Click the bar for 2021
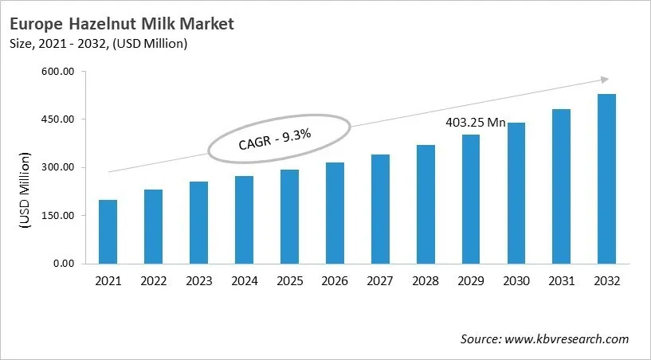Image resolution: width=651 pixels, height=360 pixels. click(108, 232)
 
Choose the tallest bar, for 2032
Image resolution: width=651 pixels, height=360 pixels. click(607, 179)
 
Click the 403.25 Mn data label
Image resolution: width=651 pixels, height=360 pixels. click(475, 123)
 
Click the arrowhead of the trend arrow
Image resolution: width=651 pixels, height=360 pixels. click(604, 79)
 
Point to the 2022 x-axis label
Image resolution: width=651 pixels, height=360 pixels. click(153, 281)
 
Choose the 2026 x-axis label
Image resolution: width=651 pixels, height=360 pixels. click(335, 281)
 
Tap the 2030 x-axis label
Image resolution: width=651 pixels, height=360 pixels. click(516, 281)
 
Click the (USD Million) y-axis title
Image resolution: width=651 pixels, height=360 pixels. click(25, 192)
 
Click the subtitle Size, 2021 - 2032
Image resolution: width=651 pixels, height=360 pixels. click(98, 44)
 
